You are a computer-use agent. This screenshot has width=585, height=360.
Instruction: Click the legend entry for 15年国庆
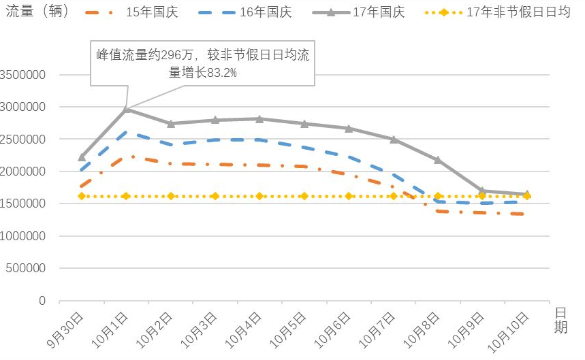146,13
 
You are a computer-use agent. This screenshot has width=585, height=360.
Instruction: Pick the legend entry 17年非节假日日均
518,13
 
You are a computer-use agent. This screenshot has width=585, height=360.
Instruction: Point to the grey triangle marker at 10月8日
438,160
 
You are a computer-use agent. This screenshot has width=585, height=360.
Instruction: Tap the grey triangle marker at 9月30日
82,157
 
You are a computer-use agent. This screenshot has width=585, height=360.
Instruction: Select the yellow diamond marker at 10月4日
259,196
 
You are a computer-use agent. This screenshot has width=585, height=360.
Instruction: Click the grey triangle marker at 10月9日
482,191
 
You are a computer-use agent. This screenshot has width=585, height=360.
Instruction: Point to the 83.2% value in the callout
222,73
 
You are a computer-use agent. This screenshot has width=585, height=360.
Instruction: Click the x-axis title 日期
560,320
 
